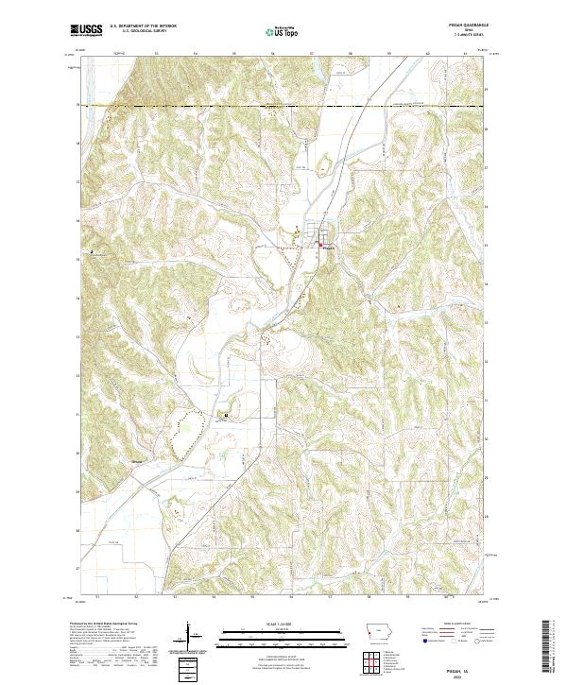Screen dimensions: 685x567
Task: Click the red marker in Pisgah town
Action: (320, 247)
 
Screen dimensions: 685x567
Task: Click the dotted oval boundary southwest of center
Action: (185, 434)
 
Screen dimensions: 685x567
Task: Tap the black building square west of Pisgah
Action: (92, 253)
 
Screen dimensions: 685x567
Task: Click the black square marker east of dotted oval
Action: (226, 416)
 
